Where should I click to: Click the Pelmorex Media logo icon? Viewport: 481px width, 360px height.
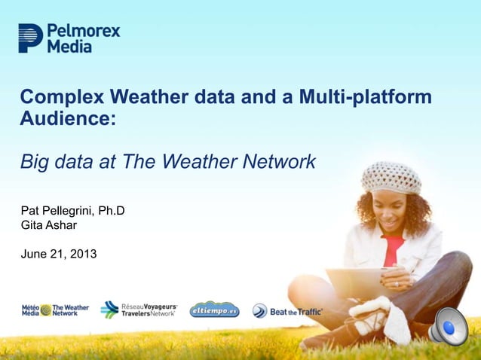pyautogui.click(x=30, y=38)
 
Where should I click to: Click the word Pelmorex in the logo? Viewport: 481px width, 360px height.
pyautogui.click(x=83, y=31)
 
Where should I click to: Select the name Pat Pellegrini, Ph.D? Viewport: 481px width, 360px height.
pyautogui.click(x=72, y=211)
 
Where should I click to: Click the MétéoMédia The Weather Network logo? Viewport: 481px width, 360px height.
pyautogui.click(x=55, y=310)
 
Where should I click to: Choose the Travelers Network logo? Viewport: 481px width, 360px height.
pyautogui.click(x=139, y=310)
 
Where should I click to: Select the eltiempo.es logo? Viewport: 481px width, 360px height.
pyautogui.click(x=214, y=310)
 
